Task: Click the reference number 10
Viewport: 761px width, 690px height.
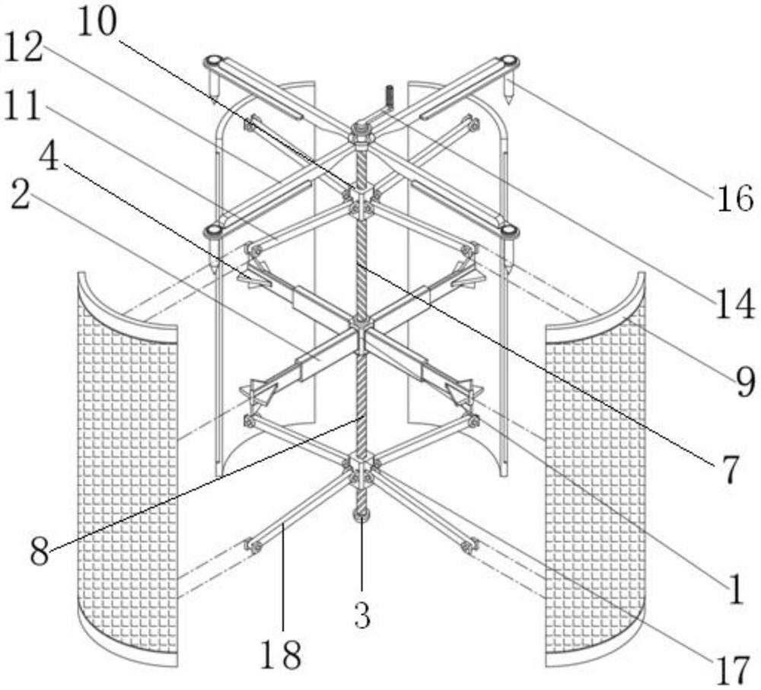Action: coord(97,23)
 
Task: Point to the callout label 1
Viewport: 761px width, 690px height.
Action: coord(735,590)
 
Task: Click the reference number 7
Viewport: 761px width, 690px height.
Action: coord(728,472)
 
